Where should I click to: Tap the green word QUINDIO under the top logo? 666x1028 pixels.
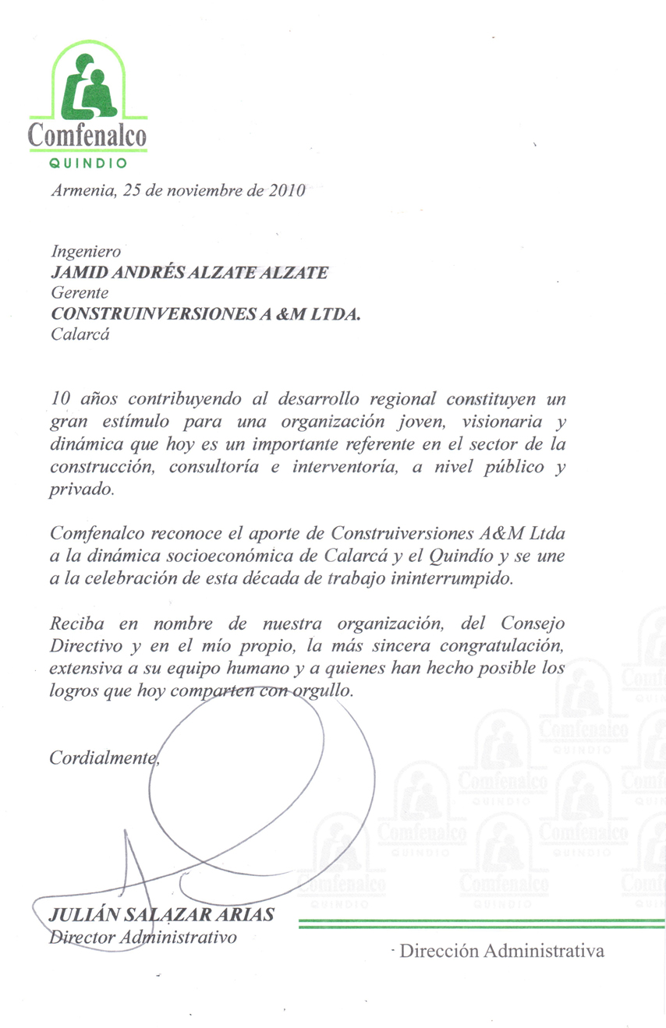point(87,164)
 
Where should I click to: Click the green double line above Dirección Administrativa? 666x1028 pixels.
point(482,924)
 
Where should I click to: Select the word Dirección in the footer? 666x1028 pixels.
point(438,952)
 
